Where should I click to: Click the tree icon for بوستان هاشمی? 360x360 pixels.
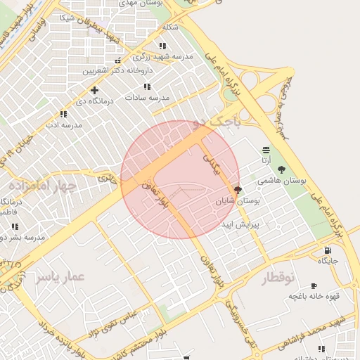[282, 169]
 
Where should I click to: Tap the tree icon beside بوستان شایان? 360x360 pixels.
[238, 189]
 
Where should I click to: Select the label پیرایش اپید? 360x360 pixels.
[241, 225]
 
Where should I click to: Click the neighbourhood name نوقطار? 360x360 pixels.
[278, 278]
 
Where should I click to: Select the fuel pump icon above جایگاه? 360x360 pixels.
[328, 250]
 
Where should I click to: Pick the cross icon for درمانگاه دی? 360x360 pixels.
[94, 90]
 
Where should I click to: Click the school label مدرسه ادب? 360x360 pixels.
[64, 124]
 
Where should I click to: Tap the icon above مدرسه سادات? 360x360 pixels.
[147, 86]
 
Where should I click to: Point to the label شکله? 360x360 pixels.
[170, 27]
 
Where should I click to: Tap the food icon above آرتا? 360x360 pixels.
[266, 150]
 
